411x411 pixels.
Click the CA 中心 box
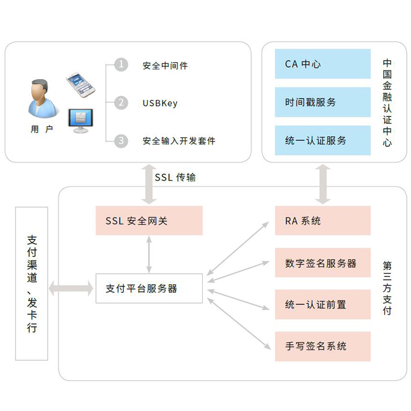tap(323, 64)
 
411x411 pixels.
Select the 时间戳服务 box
tap(323, 102)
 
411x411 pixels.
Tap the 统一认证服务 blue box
tap(323, 140)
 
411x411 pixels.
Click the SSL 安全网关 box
tap(149, 221)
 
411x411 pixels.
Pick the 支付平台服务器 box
tap(149, 288)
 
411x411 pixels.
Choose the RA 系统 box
tap(323, 221)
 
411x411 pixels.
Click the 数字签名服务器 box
tap(323, 263)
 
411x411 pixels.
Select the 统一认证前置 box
tap(323, 305)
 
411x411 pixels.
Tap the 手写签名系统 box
tap(323, 346)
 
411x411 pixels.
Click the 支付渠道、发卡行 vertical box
tap(32, 284)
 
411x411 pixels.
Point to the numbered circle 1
tap(121, 65)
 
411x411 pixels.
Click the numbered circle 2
tap(121, 103)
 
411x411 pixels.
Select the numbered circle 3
tap(121, 140)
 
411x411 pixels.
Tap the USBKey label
tap(160, 103)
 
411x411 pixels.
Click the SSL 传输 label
tap(175, 177)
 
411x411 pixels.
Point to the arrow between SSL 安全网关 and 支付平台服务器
tap(149, 254)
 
